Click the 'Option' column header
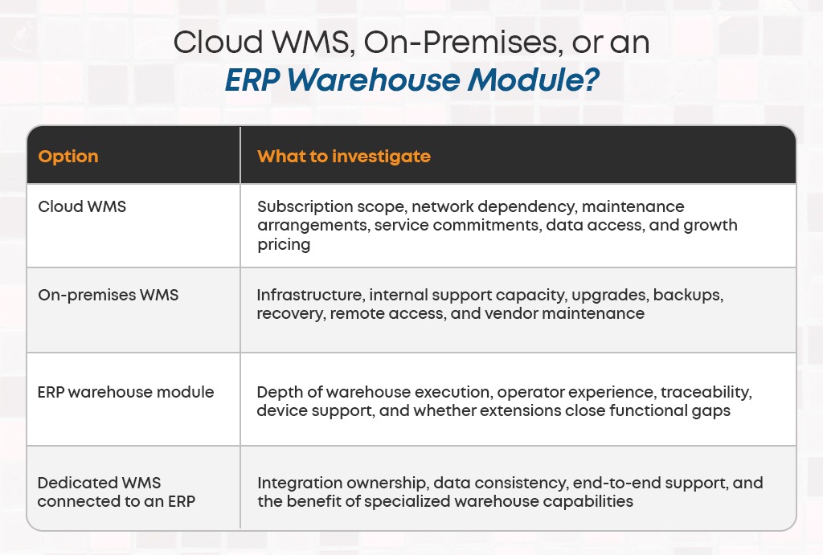click(x=68, y=157)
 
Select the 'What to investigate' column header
click(x=344, y=157)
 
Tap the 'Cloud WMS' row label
click(x=82, y=206)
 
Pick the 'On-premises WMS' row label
click(x=109, y=295)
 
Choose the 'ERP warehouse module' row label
click(x=126, y=392)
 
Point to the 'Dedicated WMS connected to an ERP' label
click(x=116, y=492)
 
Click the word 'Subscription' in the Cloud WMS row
click(x=305, y=206)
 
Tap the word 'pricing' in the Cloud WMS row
click(x=284, y=245)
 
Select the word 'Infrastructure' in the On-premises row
click(x=310, y=295)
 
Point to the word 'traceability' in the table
click(x=706, y=393)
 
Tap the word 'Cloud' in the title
click(x=219, y=42)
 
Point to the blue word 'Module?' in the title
click(x=534, y=80)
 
